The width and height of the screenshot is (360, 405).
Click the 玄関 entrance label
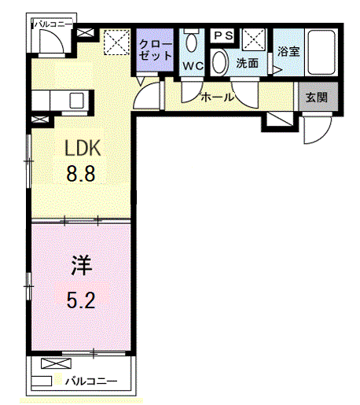tap(317, 98)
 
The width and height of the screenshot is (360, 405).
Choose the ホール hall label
tap(217, 98)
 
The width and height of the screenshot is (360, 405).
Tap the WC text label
tap(193, 64)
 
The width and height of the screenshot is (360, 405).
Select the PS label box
tap(223, 34)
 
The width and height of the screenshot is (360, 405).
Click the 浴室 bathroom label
tap(288, 52)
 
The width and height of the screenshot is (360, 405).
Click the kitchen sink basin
tap(77, 100)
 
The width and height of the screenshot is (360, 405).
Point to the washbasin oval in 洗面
tap(223, 61)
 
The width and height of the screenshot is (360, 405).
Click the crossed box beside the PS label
tap(253, 39)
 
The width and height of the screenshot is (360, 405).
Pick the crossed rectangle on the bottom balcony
tap(54, 364)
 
